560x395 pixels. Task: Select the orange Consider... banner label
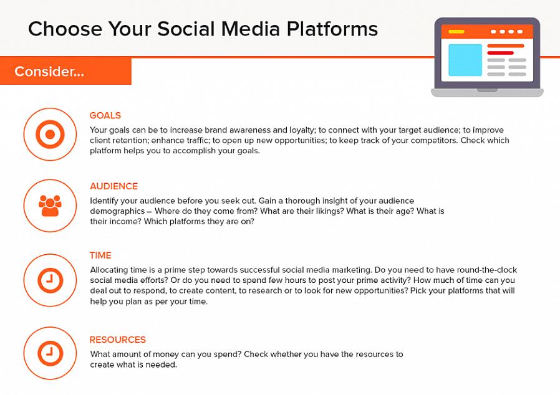point(49,72)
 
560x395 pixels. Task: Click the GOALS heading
point(105,115)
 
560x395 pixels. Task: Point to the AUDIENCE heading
point(113,186)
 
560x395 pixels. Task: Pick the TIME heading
point(100,255)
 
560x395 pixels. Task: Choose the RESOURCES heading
point(117,340)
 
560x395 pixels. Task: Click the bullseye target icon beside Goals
point(50,134)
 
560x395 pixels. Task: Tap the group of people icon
point(50,206)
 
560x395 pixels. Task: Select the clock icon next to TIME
point(50,280)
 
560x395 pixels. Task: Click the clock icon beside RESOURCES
point(50,353)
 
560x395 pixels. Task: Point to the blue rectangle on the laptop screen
point(465,60)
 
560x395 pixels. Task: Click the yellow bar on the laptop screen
point(456,32)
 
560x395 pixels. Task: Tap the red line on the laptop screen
point(500,53)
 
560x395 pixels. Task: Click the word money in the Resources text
point(165,355)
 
